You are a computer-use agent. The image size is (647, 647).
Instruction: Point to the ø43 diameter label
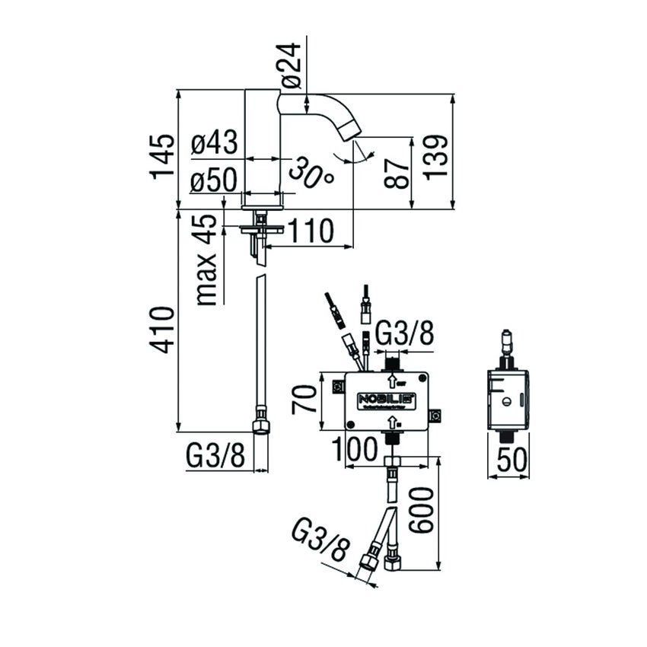[x=214, y=143]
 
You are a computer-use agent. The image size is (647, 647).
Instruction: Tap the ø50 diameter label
[x=214, y=182]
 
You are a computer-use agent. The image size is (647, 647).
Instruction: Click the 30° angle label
[x=312, y=174]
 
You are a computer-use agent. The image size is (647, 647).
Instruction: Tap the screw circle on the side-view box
[x=507, y=401]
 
